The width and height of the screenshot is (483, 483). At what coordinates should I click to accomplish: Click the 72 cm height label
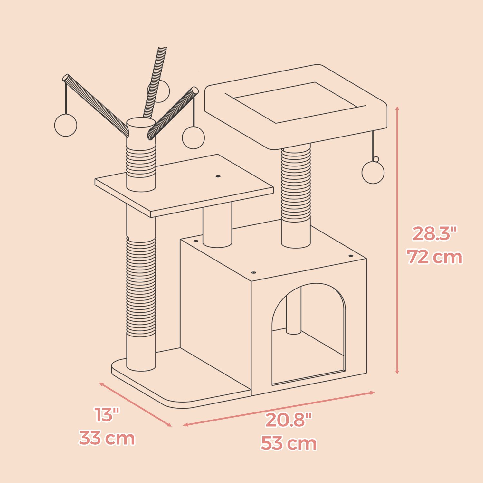coord(434,257)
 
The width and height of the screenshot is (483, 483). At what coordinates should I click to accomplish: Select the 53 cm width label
coord(289,443)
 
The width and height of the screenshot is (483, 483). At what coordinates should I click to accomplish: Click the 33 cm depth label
coord(107,438)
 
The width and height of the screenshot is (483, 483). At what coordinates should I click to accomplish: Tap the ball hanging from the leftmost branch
coord(66,125)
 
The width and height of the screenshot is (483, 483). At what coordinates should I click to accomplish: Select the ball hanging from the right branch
coord(193,137)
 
